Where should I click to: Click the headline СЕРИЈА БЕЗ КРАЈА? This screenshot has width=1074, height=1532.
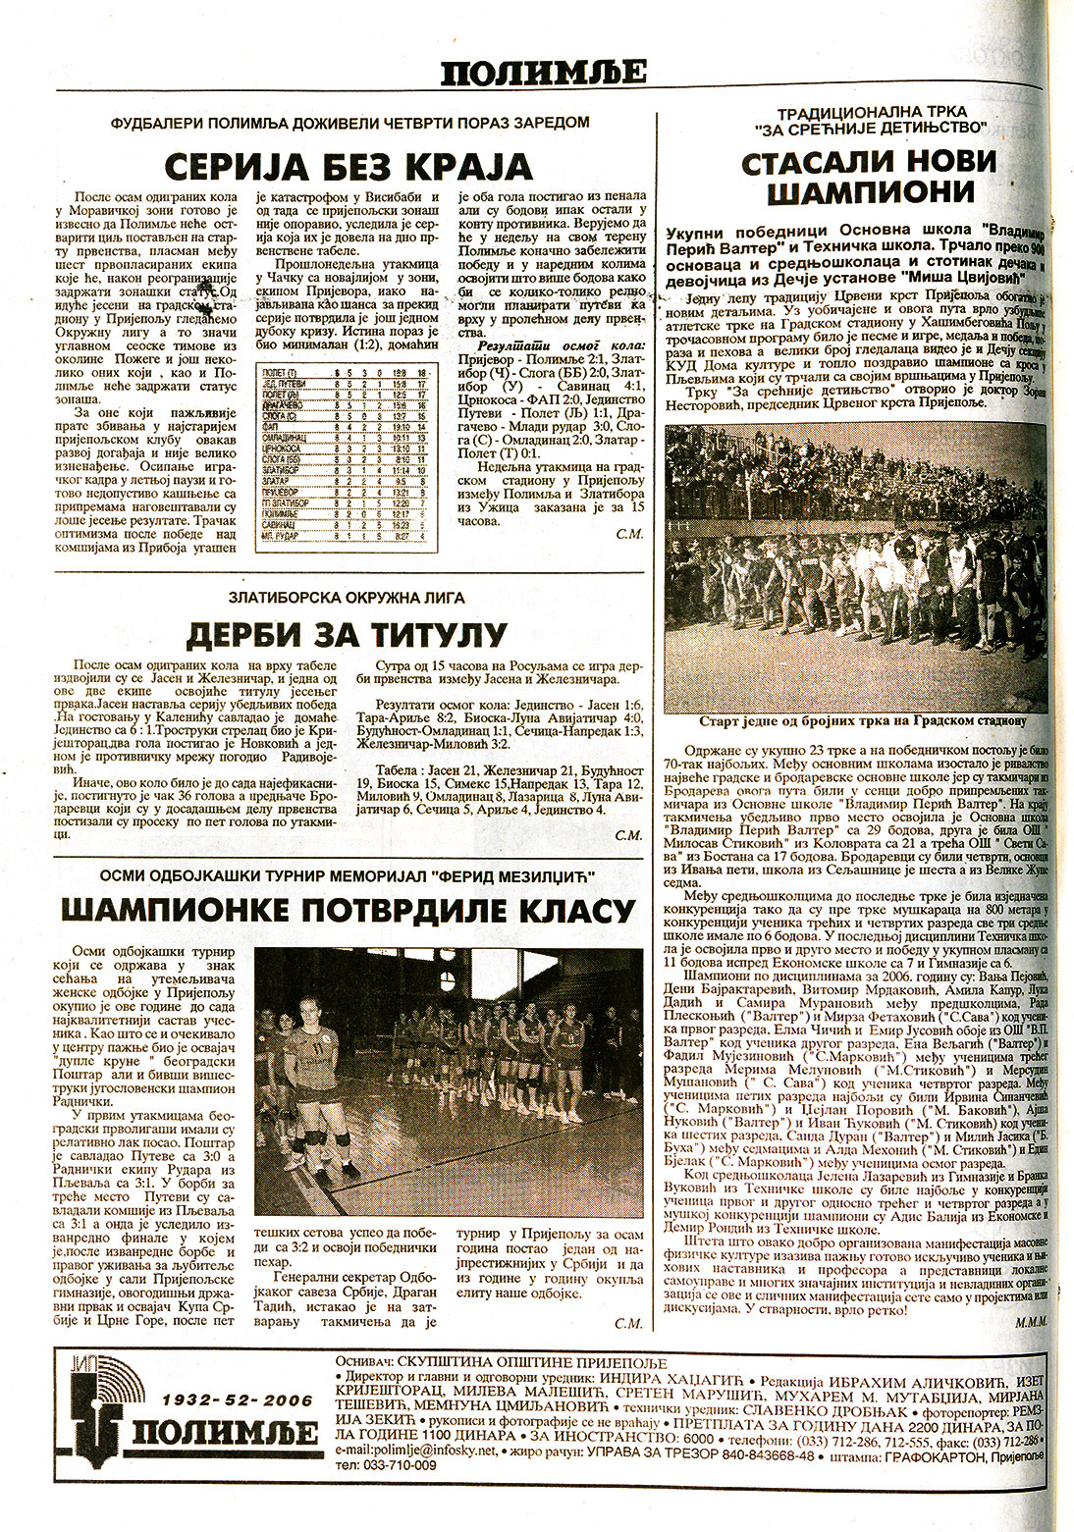(349, 167)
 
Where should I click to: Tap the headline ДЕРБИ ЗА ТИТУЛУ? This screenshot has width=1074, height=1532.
(347, 635)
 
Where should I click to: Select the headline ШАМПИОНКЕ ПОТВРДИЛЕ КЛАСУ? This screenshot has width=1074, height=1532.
(348, 910)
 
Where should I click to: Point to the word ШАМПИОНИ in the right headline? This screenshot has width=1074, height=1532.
(868, 192)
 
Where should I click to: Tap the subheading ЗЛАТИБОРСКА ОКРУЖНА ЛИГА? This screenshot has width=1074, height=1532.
(346, 597)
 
